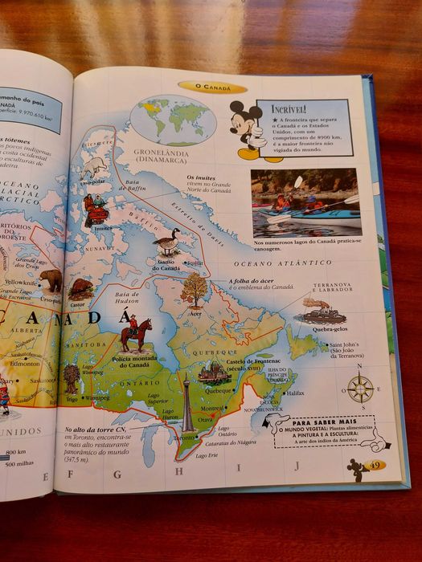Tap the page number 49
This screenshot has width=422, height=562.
click(x=375, y=465)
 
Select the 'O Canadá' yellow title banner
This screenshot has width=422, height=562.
click(x=212, y=87)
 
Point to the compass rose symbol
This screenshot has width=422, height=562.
click(x=359, y=389)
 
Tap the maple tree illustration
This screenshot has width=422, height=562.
click(x=194, y=289)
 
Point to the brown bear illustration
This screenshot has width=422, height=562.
click(x=51, y=279)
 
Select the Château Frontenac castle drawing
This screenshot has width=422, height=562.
click(x=214, y=371)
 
